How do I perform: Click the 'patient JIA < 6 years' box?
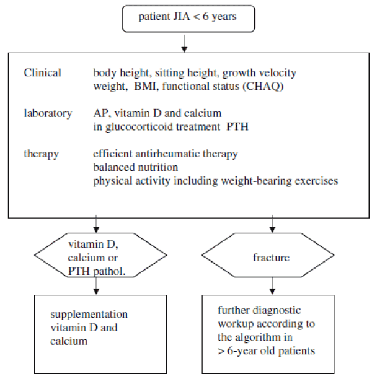(188, 19)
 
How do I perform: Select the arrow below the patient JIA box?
(184, 43)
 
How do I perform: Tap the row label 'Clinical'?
(42, 72)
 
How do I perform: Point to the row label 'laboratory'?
(48, 113)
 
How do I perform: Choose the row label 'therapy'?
(42, 154)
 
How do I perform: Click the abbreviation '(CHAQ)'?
(263, 86)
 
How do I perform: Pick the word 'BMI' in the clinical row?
(145, 86)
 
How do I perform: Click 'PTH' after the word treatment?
(237, 127)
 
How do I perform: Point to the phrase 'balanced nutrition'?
(135, 167)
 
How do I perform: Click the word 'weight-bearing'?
(256, 181)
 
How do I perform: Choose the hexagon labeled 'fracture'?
(268, 255)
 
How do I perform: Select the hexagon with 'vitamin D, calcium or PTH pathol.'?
(100, 255)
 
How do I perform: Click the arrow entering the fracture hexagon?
(272, 224)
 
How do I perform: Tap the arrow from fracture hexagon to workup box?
(272, 286)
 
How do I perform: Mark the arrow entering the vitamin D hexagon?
(96, 224)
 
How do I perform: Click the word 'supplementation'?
(89, 315)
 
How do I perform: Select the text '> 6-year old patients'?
(266, 351)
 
